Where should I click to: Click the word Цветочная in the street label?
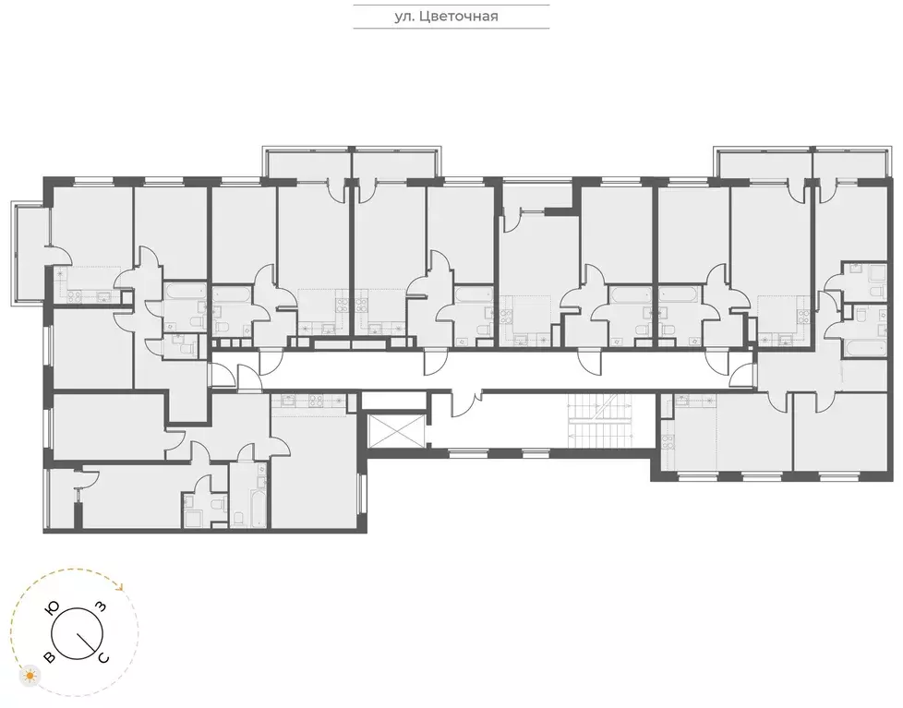pyautogui.click(x=464, y=16)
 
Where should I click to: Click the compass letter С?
pyautogui.click(x=103, y=657)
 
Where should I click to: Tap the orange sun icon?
pyautogui.click(x=31, y=677)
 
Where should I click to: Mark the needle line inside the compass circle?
pyautogui.click(x=89, y=642)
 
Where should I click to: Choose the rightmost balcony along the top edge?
pyautogui.click(x=851, y=162)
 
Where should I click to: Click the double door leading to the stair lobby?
pyautogui.click(x=465, y=403)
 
